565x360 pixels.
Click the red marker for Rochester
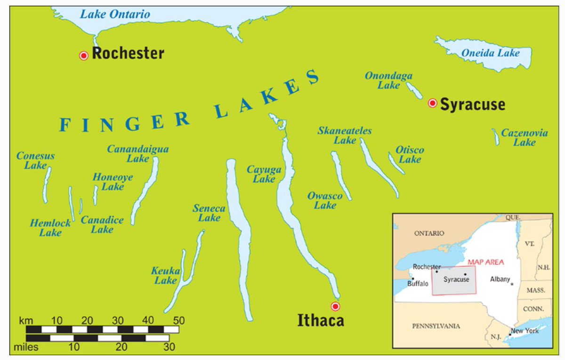click(x=84, y=56)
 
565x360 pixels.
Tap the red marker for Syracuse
click(x=432, y=104)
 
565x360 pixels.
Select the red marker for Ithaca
click(x=335, y=306)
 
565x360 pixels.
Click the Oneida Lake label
click(x=490, y=53)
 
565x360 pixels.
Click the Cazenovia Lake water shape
click(x=496, y=137)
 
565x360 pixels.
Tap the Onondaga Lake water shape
click(x=415, y=90)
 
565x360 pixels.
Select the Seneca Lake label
click(x=209, y=213)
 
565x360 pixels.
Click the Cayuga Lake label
click(x=264, y=174)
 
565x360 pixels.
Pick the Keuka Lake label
click(x=165, y=275)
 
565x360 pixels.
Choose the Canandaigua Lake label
click(x=137, y=153)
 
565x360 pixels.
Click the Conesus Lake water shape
click(x=47, y=185)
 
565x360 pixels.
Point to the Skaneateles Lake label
click(x=344, y=135)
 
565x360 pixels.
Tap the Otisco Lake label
click(x=409, y=154)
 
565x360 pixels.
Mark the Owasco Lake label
click(x=325, y=200)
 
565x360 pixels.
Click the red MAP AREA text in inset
click(x=485, y=262)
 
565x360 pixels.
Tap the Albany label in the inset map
click(x=500, y=279)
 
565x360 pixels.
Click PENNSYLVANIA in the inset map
click(x=436, y=326)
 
